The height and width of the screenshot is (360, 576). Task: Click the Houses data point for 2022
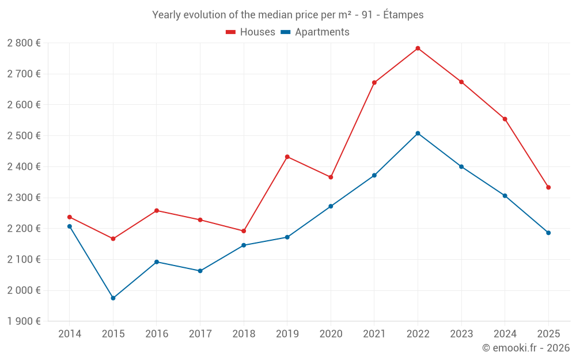[418, 48]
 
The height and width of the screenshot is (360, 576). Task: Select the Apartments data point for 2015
[113, 298]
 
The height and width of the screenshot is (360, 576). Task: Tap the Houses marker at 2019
[287, 157]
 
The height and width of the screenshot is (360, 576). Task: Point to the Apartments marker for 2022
[418, 133]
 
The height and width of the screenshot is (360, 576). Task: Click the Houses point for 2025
[548, 187]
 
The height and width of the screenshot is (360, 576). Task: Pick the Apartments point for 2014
[70, 226]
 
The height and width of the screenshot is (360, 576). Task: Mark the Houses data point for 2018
[244, 231]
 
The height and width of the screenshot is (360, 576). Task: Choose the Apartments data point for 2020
[331, 206]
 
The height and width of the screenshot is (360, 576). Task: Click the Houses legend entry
[251, 32]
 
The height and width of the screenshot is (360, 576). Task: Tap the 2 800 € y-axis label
[24, 43]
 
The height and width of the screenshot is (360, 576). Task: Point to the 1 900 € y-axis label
[24, 321]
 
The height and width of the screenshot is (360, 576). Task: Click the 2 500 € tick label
[24, 136]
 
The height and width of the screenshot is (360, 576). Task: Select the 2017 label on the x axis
[200, 334]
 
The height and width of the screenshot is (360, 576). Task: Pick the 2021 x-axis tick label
[374, 334]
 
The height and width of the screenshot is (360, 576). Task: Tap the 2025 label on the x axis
[548, 334]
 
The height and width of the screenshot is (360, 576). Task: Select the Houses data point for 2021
[374, 83]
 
